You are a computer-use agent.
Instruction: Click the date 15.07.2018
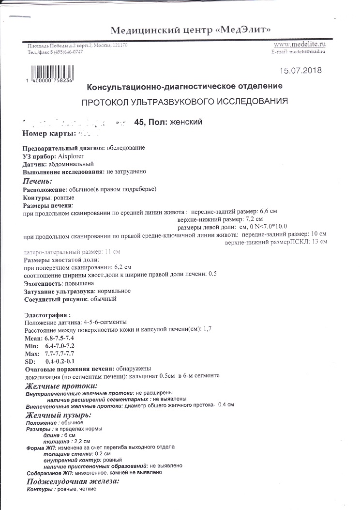(300, 70)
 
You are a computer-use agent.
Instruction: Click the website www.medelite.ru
(300, 45)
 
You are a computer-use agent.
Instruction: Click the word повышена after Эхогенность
(80, 283)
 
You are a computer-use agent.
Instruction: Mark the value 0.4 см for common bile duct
(226, 405)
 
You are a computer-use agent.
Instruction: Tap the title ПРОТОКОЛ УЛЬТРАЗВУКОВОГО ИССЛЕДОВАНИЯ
(184, 102)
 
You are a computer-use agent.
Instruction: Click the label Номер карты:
(49, 133)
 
